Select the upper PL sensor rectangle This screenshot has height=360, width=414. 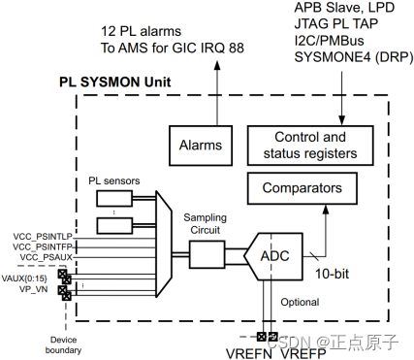coord(117,199)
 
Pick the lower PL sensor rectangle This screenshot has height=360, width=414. coord(117,227)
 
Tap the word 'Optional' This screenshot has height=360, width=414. coord(300,302)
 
